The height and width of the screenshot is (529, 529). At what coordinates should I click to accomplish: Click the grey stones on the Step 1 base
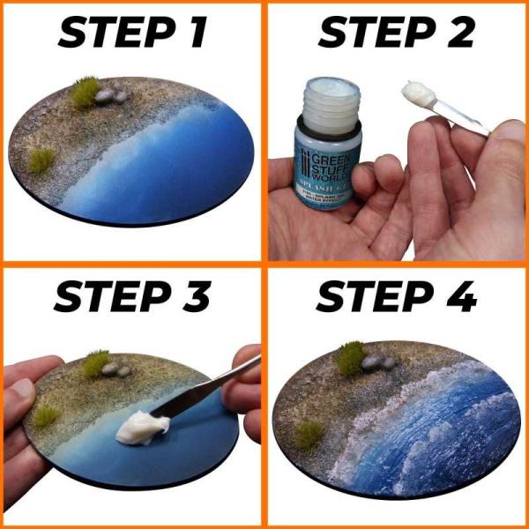point(110,94)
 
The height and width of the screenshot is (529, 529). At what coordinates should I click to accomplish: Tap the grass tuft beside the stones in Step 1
point(86,93)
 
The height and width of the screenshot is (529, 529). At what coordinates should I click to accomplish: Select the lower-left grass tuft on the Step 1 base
point(41,160)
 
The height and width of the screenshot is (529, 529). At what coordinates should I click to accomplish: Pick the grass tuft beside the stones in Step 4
point(350,358)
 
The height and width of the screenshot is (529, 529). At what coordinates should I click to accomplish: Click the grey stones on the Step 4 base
point(377,361)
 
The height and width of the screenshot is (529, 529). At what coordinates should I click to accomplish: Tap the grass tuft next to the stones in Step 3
point(94,363)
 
